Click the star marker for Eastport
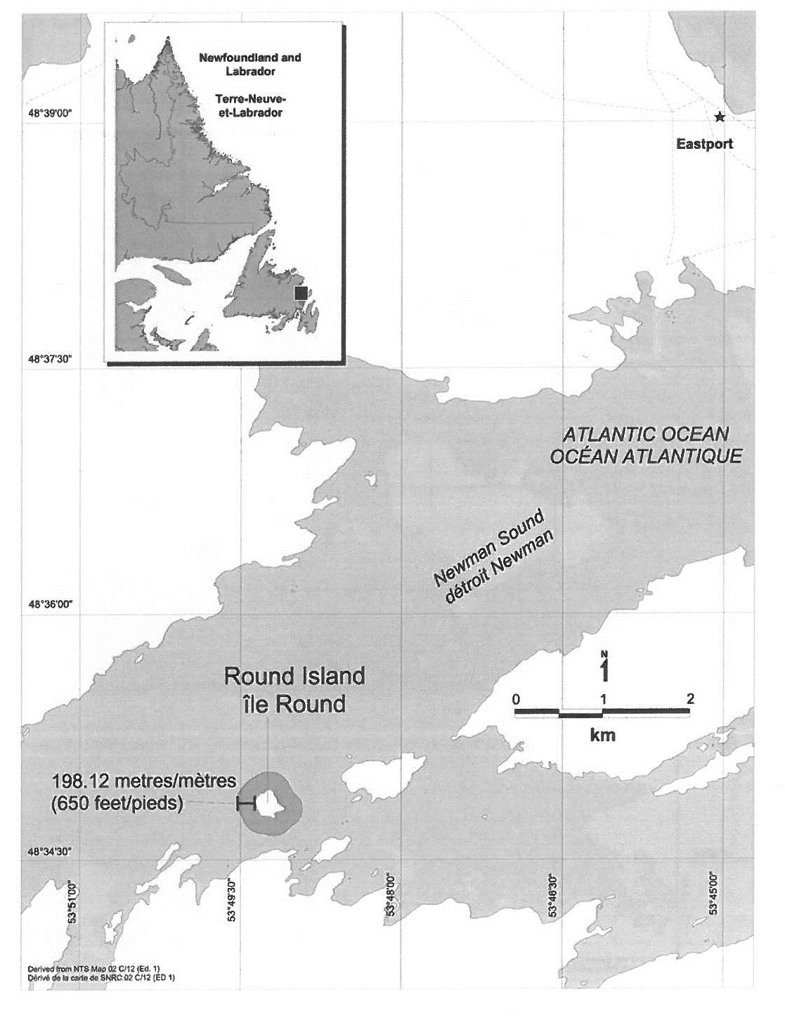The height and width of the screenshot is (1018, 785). [718, 117]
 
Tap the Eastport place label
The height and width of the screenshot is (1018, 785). [704, 144]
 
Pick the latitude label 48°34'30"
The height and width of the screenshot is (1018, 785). [51, 852]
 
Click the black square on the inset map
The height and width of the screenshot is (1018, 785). [300, 293]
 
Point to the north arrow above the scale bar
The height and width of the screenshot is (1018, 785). [604, 668]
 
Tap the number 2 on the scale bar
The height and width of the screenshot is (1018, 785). [690, 698]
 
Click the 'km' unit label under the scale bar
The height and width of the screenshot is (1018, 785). [602, 735]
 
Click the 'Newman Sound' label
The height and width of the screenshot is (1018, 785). [488, 549]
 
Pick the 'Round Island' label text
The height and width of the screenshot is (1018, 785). [294, 677]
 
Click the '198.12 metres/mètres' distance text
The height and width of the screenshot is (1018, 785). [143, 781]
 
